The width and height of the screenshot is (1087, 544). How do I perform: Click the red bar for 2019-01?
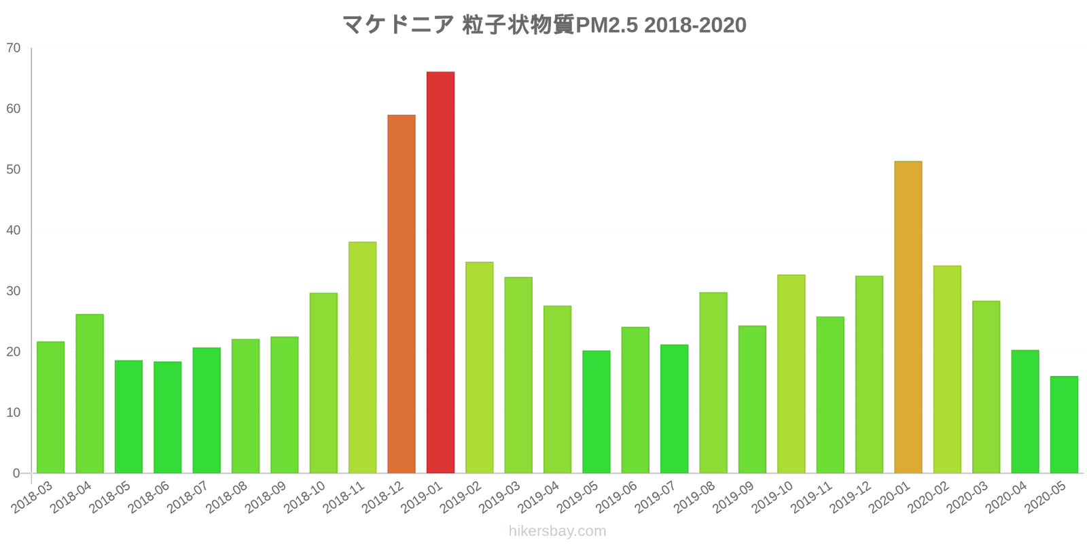point(440,272)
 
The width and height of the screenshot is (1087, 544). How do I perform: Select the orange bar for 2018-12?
point(402,294)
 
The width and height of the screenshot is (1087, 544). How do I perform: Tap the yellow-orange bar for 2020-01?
point(908,317)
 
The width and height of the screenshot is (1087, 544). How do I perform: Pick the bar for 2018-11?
point(362,357)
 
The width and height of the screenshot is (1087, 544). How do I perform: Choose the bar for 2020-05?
point(1064,424)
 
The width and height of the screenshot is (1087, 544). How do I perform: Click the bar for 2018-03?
point(51,407)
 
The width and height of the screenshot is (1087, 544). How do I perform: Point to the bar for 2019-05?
point(596,411)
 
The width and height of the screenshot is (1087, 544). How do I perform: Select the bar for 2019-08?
point(713,382)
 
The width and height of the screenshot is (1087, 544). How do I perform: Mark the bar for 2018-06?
point(168,417)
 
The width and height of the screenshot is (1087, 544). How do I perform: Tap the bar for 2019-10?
point(791,373)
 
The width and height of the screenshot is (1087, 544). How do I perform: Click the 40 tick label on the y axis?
point(14,231)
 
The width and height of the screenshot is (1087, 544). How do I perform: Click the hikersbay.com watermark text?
point(557,531)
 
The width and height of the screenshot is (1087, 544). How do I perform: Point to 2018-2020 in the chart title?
point(695,25)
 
